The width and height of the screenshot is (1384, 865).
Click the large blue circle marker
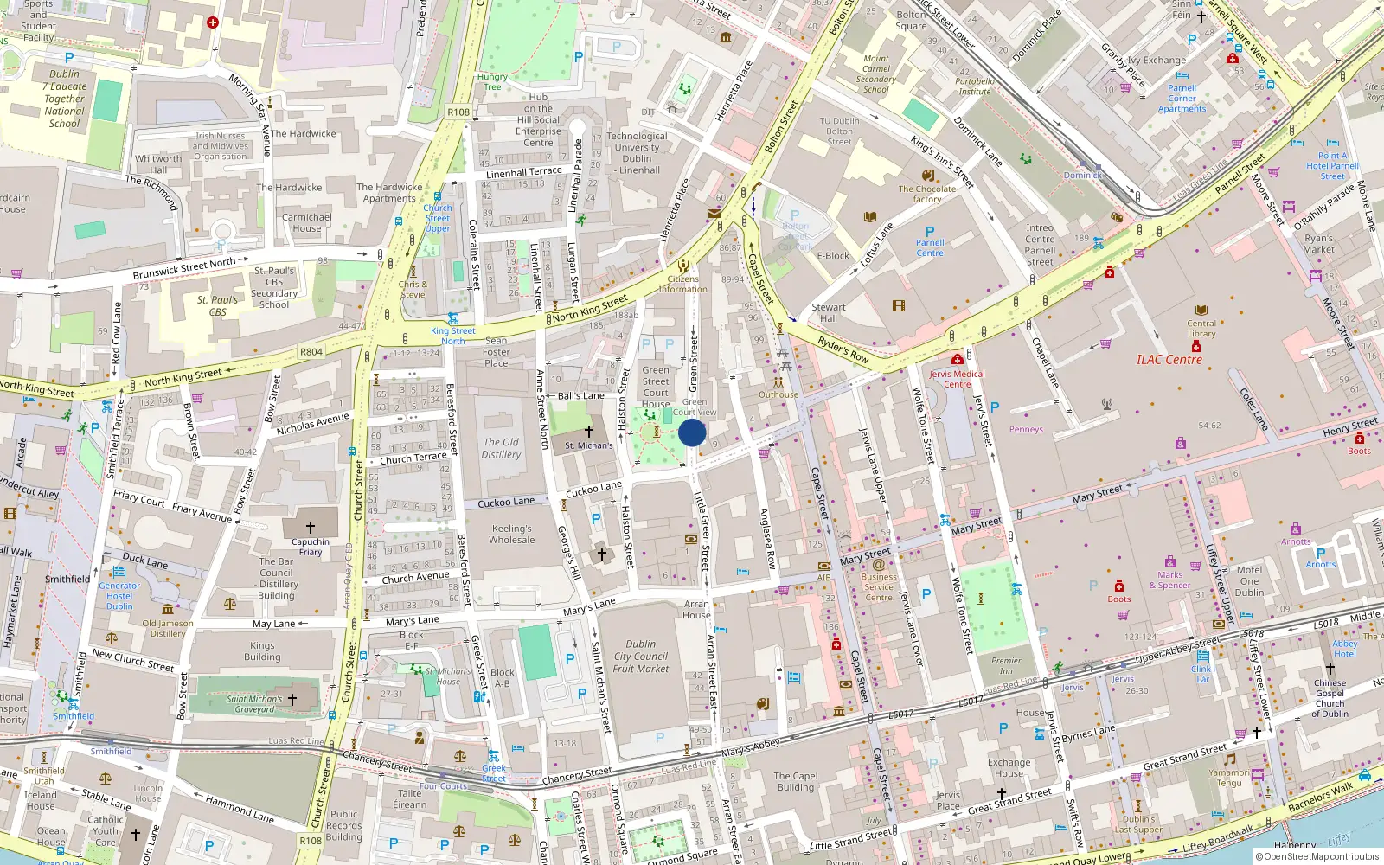[x=692, y=432]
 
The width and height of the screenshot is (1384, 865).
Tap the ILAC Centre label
[x=1169, y=360]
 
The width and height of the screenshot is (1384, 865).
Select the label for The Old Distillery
[x=501, y=448]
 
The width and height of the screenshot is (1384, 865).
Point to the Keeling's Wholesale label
[x=512, y=535]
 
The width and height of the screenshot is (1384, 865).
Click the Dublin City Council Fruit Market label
[x=641, y=657]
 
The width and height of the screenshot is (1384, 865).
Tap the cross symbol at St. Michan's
[x=589, y=432]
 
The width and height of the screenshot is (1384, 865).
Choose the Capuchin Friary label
[x=311, y=547]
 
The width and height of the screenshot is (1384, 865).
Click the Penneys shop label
[x=1026, y=430]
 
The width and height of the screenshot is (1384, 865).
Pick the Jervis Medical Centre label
[x=957, y=379]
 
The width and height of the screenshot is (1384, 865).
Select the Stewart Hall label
[x=829, y=313]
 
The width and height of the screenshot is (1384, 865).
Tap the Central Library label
[x=1201, y=329]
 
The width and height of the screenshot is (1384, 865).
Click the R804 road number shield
[x=311, y=352]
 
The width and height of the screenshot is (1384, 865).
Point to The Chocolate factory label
[x=927, y=194]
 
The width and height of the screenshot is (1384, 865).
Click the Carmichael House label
[x=306, y=223]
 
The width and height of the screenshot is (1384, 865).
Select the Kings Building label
[x=262, y=651]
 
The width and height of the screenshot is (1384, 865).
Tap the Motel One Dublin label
[x=1249, y=581]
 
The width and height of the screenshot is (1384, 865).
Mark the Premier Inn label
[x=1006, y=665]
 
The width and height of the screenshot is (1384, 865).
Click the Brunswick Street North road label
[x=184, y=269]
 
